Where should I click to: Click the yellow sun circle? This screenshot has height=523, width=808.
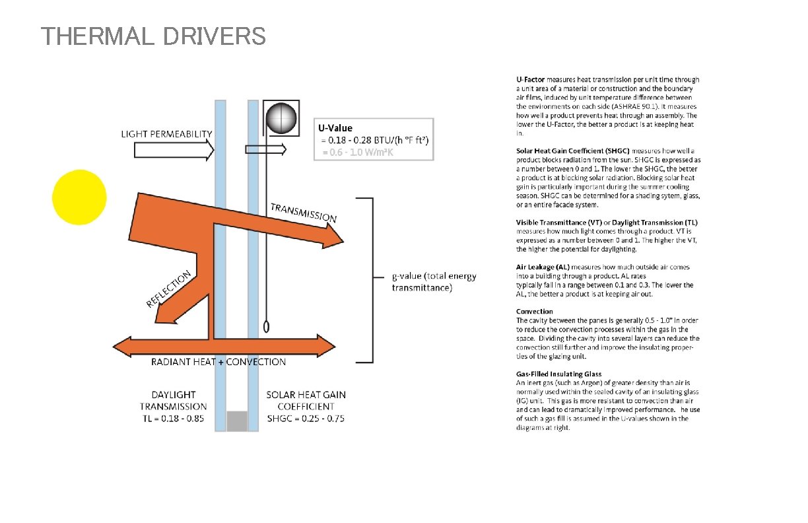[79, 197]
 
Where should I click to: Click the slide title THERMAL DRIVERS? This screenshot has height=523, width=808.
[153, 36]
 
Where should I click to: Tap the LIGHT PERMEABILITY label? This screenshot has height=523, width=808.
[166, 134]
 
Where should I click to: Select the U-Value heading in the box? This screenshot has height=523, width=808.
[335, 128]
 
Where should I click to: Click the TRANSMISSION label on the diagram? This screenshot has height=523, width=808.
[303, 212]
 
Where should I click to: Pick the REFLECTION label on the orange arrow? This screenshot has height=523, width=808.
[168, 289]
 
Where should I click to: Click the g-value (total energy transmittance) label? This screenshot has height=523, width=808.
[433, 282]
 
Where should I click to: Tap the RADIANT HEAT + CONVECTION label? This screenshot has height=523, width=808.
[219, 362]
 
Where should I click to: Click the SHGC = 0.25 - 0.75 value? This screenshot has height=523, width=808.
[306, 419]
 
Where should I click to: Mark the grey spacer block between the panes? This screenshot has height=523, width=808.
[236, 421]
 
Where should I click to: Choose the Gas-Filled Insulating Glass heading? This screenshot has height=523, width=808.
[558, 374]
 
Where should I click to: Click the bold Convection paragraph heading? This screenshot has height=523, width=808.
[534, 311]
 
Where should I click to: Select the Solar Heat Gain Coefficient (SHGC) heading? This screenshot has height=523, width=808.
[573, 151]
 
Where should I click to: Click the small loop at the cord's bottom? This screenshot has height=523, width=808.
[267, 326]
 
